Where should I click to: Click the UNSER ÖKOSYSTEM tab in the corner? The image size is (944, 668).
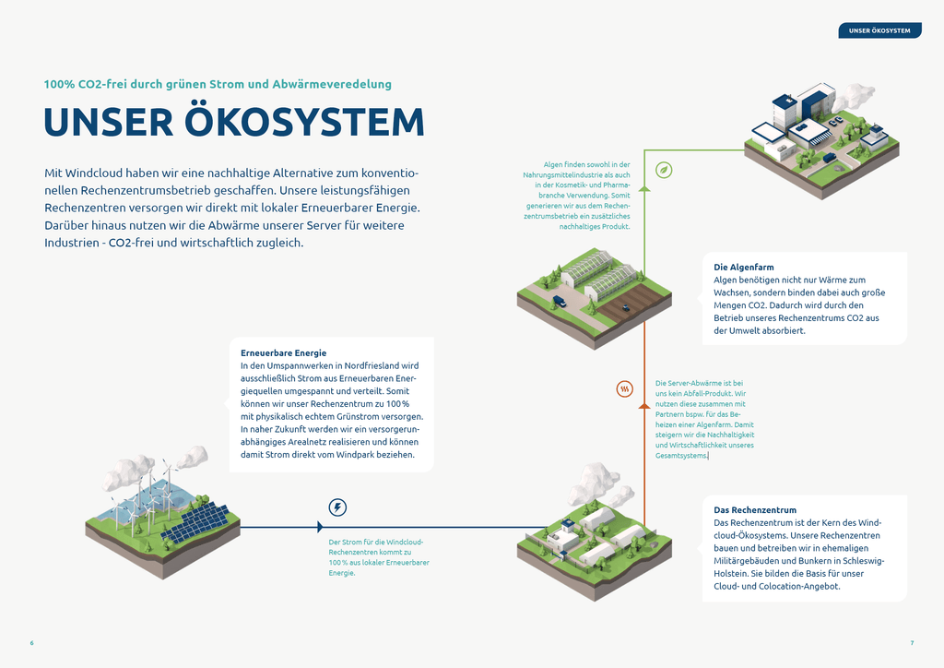click(x=879, y=30)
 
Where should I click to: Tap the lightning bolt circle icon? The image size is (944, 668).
click(x=338, y=507)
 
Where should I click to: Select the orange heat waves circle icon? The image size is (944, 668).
click(x=625, y=389)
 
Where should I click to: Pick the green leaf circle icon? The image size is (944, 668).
click(x=663, y=170)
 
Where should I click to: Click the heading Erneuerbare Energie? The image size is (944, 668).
click(x=283, y=352)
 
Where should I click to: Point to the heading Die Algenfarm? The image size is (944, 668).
click(x=744, y=268)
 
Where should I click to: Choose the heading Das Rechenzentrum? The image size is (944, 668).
click(x=755, y=510)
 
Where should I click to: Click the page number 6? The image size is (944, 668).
click(x=31, y=642)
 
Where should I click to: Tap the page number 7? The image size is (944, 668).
click(x=912, y=642)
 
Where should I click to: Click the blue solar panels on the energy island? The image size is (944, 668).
click(x=195, y=520)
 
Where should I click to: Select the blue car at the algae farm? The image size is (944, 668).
click(x=560, y=301)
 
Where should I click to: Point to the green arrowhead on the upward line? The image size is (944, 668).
click(x=644, y=187)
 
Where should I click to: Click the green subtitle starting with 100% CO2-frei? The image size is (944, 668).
click(x=218, y=84)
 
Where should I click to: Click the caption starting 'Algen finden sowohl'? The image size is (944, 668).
click(x=584, y=196)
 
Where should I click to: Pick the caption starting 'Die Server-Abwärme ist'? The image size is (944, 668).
click(x=705, y=419)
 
